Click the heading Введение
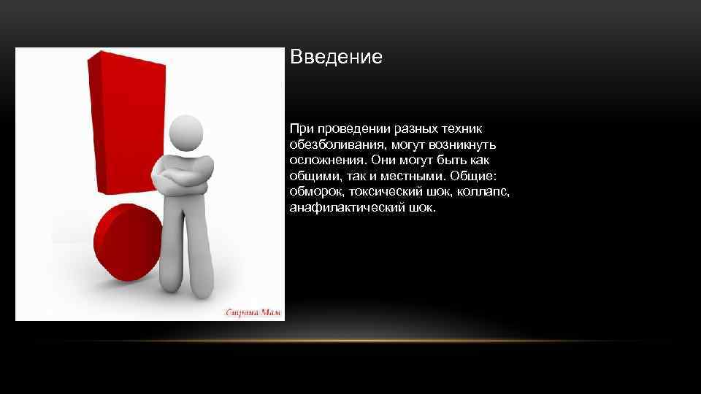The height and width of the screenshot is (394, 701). point(336,58)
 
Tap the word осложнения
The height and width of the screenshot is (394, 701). point(326,160)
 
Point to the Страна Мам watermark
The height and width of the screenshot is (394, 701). point(253,312)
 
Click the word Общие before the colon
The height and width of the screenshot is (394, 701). point(473,176)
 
